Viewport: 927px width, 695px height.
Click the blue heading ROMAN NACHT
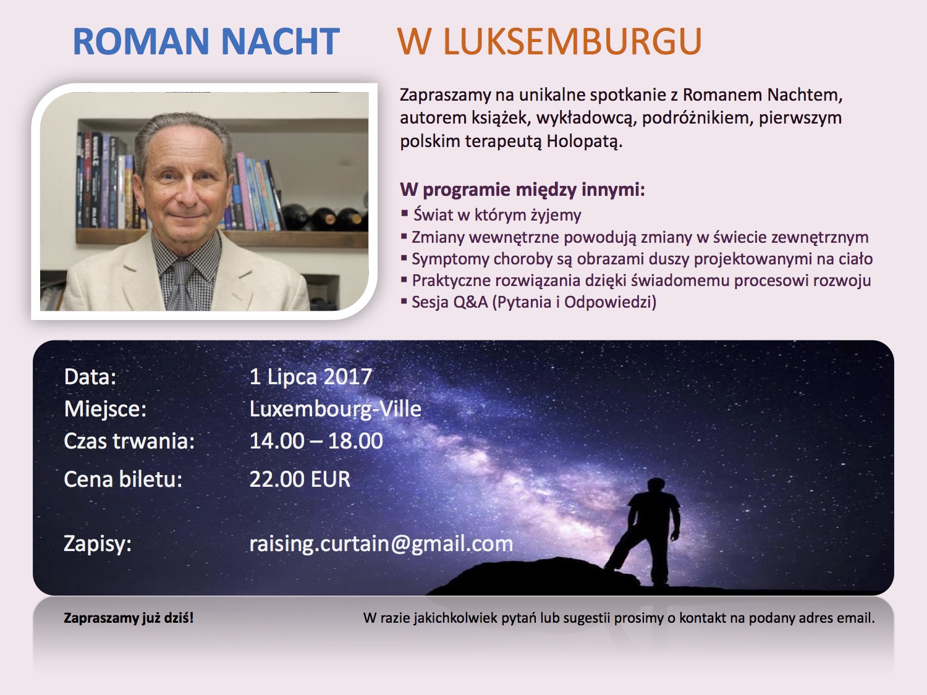[x=206, y=41]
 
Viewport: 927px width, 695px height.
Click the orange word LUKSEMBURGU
[x=572, y=41]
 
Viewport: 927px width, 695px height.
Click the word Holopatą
[x=585, y=141]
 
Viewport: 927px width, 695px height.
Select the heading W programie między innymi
[x=522, y=190]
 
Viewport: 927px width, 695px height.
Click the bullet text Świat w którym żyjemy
[x=497, y=215]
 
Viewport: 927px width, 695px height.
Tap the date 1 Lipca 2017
[x=311, y=376]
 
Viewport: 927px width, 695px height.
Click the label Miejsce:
[x=105, y=409]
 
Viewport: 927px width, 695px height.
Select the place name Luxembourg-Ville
[x=336, y=409]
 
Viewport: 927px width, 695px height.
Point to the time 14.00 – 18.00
[x=316, y=441]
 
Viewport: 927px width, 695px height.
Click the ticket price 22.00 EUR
[x=300, y=479]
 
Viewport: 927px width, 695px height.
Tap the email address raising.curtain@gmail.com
[x=381, y=544]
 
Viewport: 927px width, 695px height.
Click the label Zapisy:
[x=98, y=544]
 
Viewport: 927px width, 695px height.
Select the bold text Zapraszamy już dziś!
[x=129, y=618]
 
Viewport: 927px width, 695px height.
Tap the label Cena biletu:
[x=123, y=479]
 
